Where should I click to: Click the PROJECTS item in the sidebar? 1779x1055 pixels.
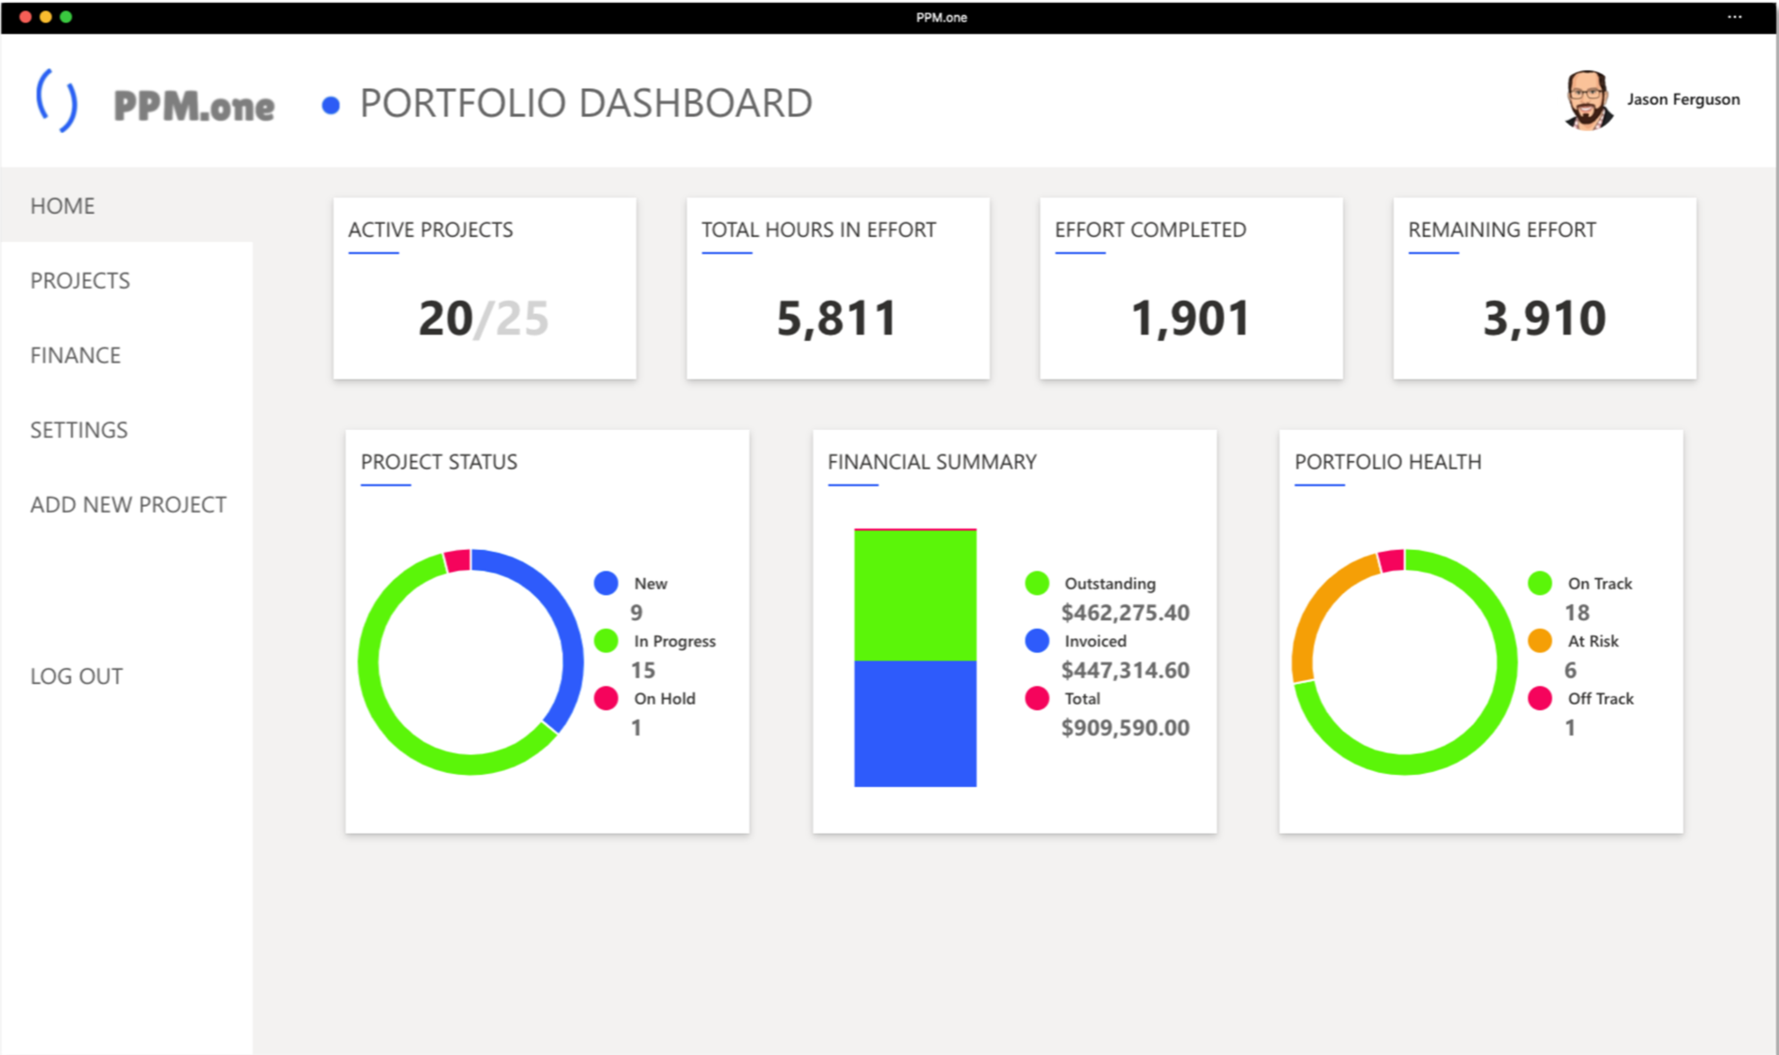[x=80, y=280]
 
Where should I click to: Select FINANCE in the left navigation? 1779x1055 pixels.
[x=75, y=355]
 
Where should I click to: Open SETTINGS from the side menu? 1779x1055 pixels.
[x=79, y=430]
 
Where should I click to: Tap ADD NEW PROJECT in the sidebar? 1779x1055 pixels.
[x=128, y=505]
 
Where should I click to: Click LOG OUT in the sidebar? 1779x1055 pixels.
[x=76, y=676]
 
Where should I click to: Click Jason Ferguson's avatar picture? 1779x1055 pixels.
[x=1587, y=99]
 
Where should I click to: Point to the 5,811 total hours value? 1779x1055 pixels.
[x=837, y=318]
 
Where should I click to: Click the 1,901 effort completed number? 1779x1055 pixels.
[x=1190, y=318]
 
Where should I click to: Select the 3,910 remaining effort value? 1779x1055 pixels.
[x=1544, y=318]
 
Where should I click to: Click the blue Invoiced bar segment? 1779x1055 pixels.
[x=915, y=723]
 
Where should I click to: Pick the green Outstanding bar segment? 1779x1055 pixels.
[x=915, y=596]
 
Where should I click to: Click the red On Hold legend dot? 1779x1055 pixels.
[x=605, y=698]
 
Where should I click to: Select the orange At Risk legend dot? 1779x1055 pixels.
[x=1540, y=641]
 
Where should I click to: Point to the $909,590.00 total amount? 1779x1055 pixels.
[x=1125, y=728]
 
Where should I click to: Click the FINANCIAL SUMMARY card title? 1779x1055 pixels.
[x=932, y=462]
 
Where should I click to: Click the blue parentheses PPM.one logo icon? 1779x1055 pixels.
[x=56, y=101]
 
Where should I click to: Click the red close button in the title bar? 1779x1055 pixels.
[x=25, y=17]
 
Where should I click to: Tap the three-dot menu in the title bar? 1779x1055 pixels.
[x=1735, y=17]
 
